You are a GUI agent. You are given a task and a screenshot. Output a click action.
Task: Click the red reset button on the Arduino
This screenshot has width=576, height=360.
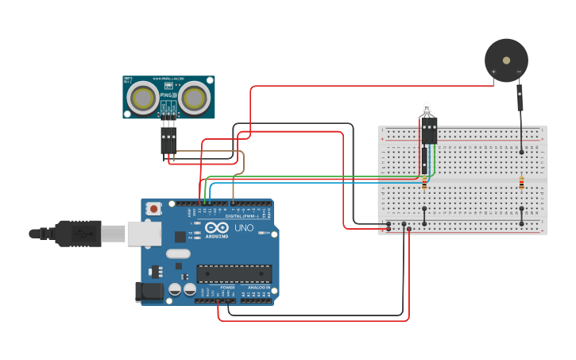(153, 209)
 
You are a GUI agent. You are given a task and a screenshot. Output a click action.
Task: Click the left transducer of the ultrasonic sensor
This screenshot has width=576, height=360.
(144, 98)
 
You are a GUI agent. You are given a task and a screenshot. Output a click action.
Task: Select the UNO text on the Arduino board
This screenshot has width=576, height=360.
(244, 228)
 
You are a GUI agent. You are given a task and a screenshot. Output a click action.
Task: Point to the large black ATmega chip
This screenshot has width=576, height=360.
(234, 273)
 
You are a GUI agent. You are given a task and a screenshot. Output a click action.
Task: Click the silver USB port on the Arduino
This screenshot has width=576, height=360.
(144, 233)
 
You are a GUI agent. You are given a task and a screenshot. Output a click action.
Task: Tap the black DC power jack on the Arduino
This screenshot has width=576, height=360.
(149, 292)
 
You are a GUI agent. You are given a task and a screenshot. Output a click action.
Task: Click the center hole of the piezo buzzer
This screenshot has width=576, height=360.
(507, 60)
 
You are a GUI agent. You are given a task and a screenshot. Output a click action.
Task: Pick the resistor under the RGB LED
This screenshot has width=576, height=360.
(424, 183)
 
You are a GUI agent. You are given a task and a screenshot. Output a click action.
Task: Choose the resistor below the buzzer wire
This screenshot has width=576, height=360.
(521, 183)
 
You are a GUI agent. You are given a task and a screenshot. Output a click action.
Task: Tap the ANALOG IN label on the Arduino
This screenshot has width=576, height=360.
(258, 288)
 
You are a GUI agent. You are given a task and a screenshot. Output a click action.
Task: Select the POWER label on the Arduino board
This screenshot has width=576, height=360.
(215, 288)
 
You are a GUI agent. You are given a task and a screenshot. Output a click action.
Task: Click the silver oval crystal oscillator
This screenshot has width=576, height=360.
(178, 254)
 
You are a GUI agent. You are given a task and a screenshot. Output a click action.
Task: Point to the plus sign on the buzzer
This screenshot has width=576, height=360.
(493, 72)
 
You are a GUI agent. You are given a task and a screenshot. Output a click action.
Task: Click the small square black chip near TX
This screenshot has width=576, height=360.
(180, 236)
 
